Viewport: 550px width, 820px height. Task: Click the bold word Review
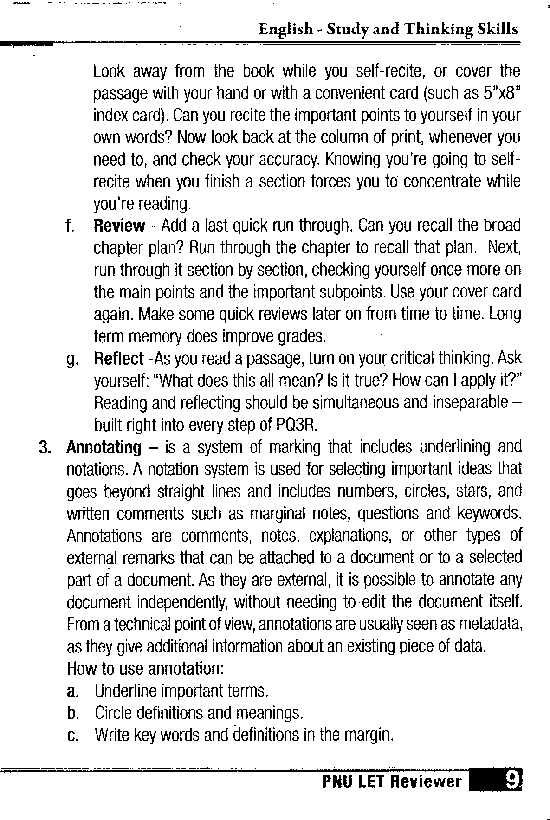pos(119,226)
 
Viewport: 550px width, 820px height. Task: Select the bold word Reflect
pos(119,359)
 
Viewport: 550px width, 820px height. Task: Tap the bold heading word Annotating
pos(104,447)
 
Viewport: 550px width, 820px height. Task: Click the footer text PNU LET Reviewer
pos(392,782)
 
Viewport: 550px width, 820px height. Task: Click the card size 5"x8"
pos(500,93)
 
